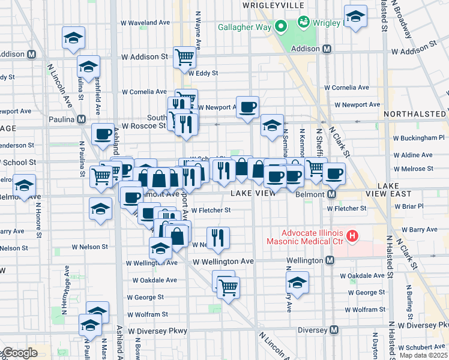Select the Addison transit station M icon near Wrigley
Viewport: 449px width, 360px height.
click(327, 49)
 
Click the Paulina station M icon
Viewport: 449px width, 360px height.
click(80, 119)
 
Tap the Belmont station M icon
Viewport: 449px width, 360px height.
click(330, 194)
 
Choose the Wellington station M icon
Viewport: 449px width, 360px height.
click(330, 260)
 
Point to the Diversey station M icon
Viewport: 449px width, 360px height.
click(335, 330)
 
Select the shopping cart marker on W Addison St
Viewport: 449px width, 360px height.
click(185, 57)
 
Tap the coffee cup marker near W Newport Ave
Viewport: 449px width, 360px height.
click(247, 107)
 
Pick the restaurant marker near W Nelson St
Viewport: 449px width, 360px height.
click(218, 238)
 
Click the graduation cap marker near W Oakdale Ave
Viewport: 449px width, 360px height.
click(297, 282)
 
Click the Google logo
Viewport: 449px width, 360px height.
click(19, 353)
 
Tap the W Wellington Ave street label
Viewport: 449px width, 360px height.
click(223, 262)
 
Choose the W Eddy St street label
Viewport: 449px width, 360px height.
click(202, 73)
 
